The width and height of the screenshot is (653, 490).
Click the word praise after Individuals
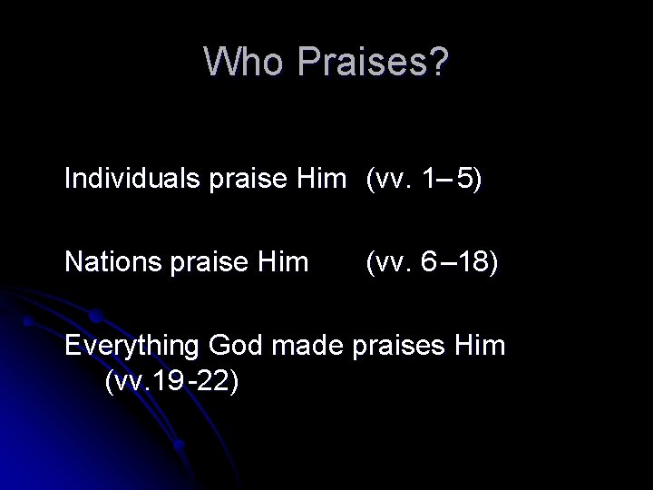[236, 180]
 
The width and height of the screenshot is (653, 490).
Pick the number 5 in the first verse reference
[464, 180]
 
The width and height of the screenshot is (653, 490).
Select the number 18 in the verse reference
[476, 263]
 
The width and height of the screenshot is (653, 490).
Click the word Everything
[132, 347]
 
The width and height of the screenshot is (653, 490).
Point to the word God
[234, 347]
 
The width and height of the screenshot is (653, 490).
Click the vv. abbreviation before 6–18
[391, 263]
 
